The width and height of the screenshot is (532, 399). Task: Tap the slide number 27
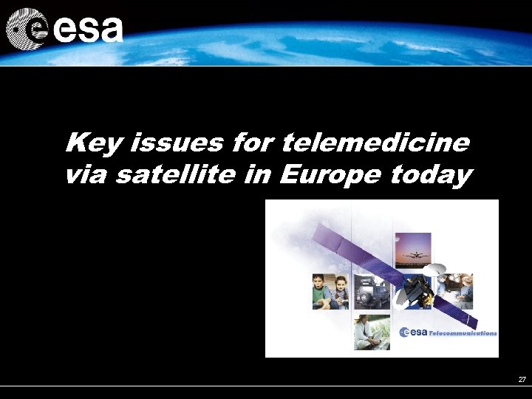click(x=522, y=379)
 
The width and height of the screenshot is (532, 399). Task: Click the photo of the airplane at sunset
click(x=412, y=251)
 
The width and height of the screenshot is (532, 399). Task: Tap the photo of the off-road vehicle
click(x=372, y=291)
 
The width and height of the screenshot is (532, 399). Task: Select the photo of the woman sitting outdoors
click(x=372, y=331)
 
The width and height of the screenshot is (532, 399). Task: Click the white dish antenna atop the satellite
click(x=435, y=269)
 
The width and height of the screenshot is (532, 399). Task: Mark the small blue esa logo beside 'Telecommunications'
click(x=413, y=332)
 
